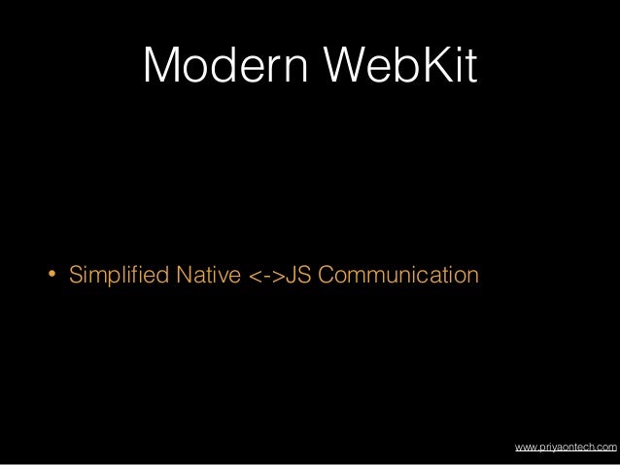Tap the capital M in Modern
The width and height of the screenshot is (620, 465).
coord(161,66)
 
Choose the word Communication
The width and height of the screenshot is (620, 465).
coord(398,280)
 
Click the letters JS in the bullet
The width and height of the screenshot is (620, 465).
coord(300,280)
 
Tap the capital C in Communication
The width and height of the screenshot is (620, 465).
coord(326,280)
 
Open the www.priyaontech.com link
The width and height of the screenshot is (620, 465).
coord(565,447)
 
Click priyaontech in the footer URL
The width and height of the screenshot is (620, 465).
coord(566,447)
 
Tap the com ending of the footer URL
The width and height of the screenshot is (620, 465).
coord(605,447)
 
